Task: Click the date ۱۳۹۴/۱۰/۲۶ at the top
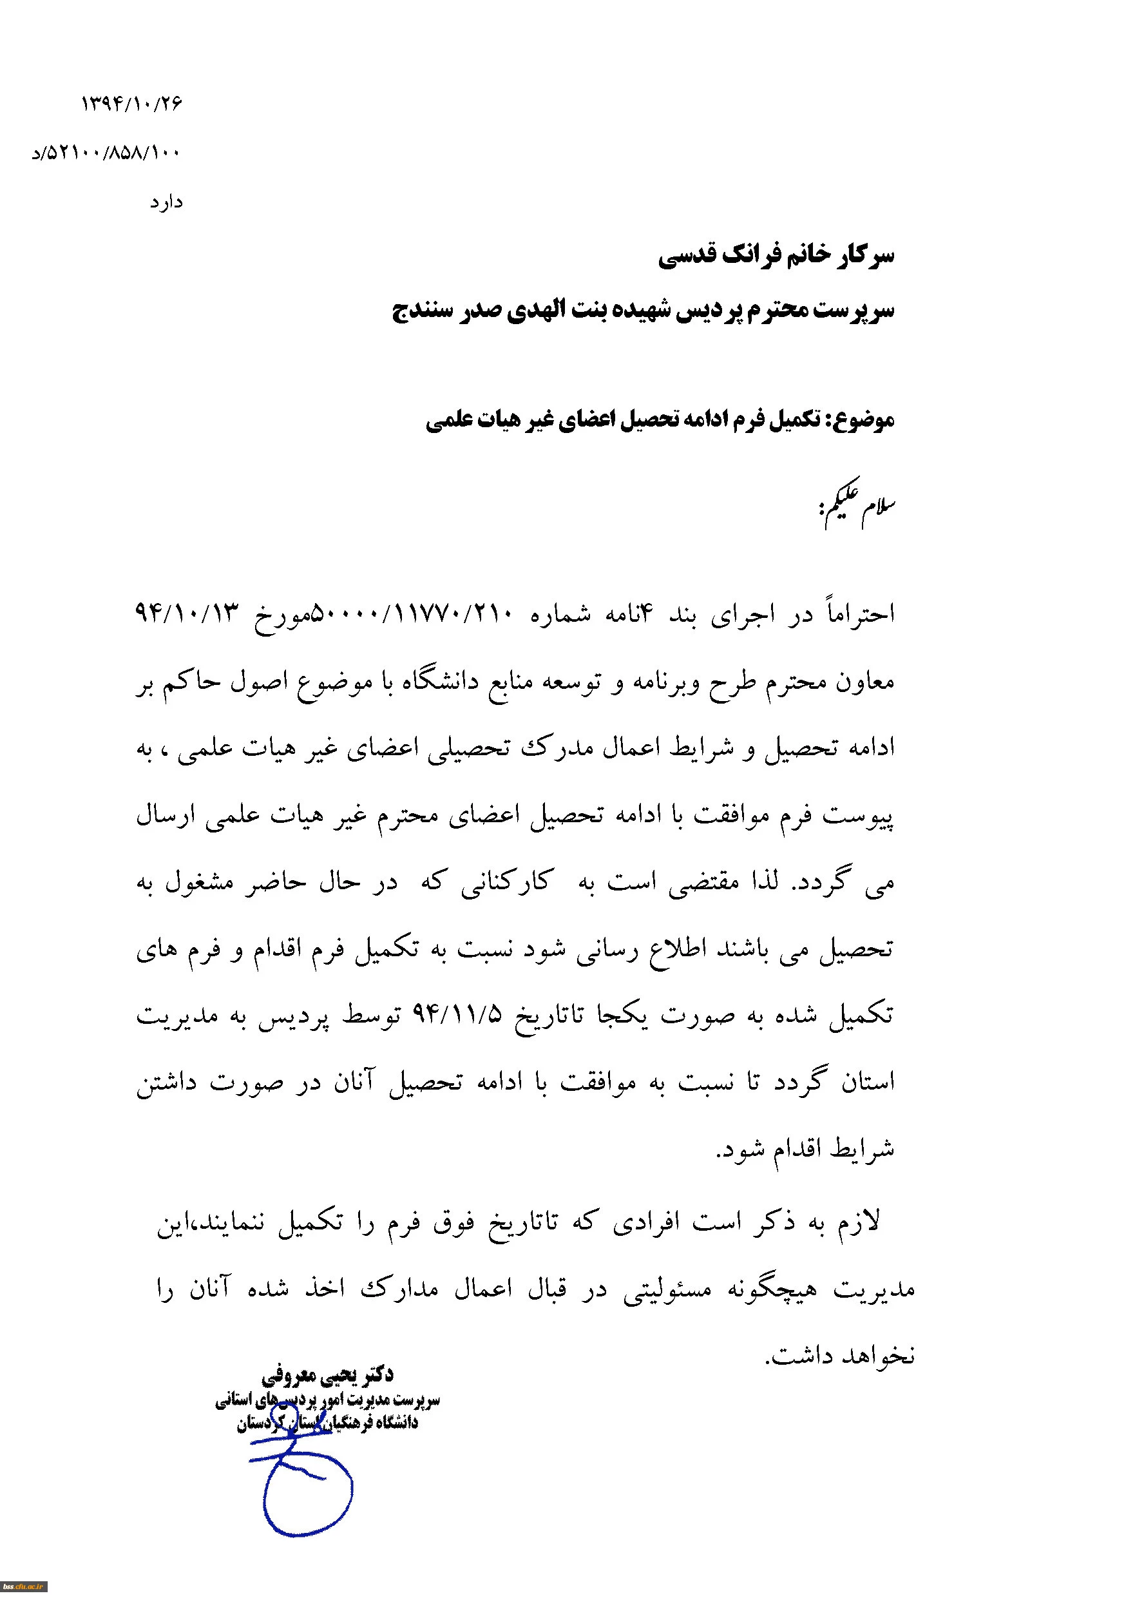131,104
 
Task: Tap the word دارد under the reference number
166,203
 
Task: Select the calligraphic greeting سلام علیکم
857,505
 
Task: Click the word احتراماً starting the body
859,613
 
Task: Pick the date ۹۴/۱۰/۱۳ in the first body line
187,613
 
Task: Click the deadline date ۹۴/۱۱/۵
457,1014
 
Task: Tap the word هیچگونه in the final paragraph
772,1289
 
